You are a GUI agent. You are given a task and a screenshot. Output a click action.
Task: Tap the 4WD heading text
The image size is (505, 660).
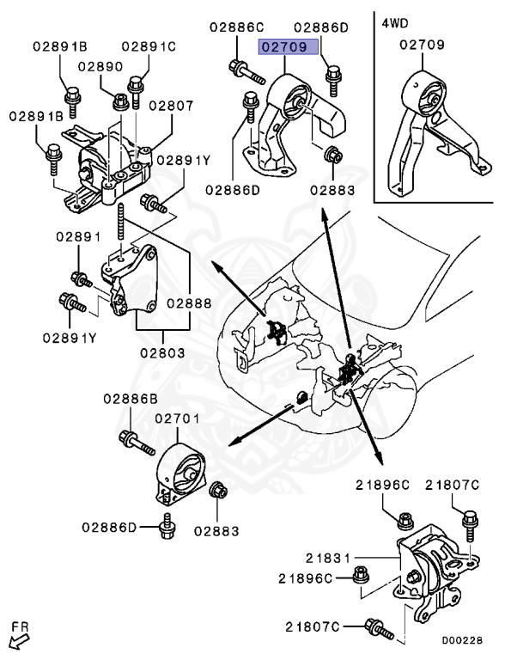point(395,22)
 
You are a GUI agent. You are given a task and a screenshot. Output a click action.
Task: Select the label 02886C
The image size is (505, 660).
point(236,27)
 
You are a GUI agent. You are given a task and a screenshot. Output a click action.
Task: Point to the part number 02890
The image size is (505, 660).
point(100,66)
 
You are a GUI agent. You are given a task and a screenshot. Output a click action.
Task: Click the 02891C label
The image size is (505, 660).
point(149,46)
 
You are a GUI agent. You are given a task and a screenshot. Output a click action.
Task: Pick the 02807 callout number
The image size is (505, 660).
point(171,105)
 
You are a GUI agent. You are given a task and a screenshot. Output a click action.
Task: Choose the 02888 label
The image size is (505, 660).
point(189,303)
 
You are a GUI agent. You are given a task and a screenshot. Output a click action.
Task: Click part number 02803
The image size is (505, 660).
point(162,352)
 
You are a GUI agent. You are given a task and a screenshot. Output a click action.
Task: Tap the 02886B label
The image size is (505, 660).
point(131,398)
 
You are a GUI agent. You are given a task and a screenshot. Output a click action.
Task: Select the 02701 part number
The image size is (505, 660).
point(177,419)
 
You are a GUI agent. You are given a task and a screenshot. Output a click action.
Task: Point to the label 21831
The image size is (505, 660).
point(328,558)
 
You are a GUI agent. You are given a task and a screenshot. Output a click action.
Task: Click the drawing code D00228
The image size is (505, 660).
point(462,640)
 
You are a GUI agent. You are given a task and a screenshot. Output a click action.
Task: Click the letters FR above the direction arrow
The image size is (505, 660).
point(20,626)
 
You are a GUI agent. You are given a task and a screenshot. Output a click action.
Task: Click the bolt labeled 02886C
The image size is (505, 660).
point(246,72)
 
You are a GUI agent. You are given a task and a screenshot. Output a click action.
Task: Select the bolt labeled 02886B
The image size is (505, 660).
point(137,443)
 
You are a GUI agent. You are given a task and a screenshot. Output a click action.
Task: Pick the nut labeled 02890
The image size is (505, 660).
point(121,101)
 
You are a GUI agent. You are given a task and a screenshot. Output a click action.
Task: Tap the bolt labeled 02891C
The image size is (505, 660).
point(136,92)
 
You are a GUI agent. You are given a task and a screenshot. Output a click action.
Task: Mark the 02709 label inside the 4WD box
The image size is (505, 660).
point(422,45)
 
